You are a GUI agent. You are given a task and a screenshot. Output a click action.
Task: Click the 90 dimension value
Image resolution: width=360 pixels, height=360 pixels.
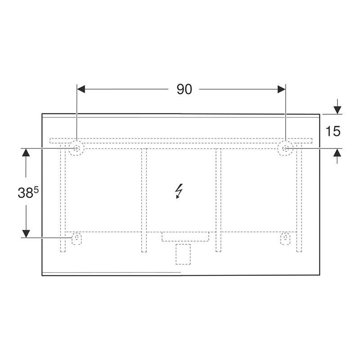click(184, 89)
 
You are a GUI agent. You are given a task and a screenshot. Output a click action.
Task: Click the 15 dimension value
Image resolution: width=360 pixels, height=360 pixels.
click(333, 131)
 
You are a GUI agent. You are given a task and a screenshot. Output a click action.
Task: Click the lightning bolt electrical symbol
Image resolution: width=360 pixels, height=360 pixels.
click(179, 191)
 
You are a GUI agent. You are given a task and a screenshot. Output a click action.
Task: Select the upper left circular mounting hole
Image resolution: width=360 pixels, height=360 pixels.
click(76, 148)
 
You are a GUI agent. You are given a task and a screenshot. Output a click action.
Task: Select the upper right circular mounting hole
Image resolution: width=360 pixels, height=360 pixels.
click(285, 148)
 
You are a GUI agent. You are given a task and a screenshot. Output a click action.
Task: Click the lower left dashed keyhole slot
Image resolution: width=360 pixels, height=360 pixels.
click(76, 238)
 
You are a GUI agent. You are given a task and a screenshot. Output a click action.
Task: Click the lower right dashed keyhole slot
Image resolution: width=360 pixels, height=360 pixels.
click(285, 238)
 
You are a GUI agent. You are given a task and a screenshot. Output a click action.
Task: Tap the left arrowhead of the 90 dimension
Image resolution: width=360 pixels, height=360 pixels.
click(81, 89)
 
